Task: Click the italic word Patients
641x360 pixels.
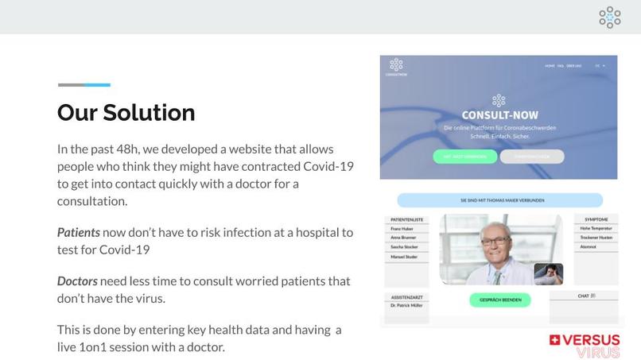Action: pyautogui.click(x=79, y=233)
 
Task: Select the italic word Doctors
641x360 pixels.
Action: pyautogui.click(x=77, y=281)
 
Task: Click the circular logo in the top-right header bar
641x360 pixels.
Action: pyautogui.click(x=610, y=17)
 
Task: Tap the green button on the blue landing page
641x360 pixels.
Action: pyautogui.click(x=464, y=157)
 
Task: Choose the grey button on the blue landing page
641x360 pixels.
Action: pyautogui.click(x=531, y=157)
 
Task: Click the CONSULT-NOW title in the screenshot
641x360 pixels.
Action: pyautogui.click(x=499, y=115)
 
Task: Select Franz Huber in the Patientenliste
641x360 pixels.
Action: pyautogui.click(x=402, y=229)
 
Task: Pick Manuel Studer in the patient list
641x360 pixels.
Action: pyautogui.click(x=404, y=257)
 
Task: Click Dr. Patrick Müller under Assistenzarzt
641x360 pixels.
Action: pyautogui.click(x=406, y=306)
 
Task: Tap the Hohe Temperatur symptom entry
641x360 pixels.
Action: pyautogui.click(x=596, y=229)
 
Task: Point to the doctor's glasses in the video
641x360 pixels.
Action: pyautogui.click(x=495, y=240)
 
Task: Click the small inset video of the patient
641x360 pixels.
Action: pyautogui.click(x=549, y=273)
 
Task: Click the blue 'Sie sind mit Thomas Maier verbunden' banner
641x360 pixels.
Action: pyautogui.click(x=498, y=200)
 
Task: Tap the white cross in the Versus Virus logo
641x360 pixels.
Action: pyautogui.click(x=554, y=341)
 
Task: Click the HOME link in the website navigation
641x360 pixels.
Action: pyautogui.click(x=550, y=66)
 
